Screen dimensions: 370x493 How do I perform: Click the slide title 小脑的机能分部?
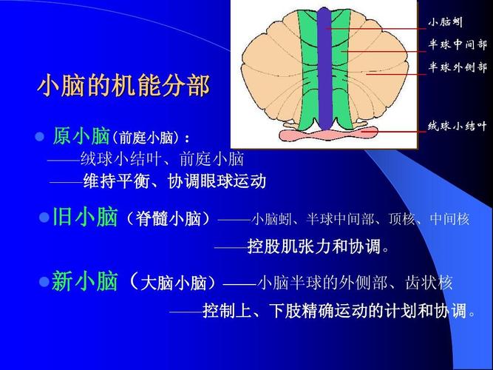tap(123, 86)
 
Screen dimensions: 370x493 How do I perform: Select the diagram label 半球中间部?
tap(458, 44)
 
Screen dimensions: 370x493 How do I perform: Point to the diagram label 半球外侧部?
tap(458, 67)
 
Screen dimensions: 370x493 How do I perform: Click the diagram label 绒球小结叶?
tap(457, 125)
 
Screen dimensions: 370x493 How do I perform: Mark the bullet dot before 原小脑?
tap(41, 137)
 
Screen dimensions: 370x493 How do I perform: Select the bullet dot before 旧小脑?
tap(44, 218)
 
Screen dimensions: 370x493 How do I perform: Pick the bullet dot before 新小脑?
tap(44, 281)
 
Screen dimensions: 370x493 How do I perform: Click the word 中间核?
tap(449, 219)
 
